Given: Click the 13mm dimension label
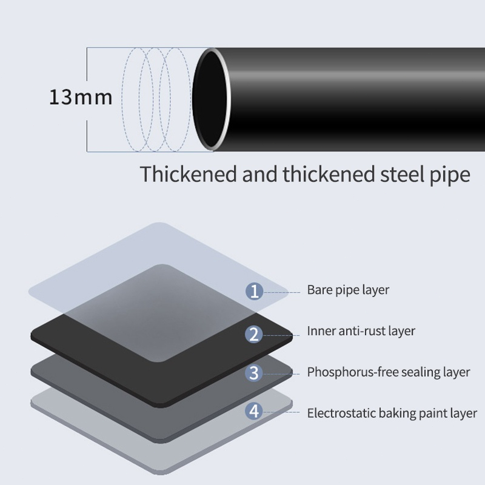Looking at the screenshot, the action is [x=81, y=97].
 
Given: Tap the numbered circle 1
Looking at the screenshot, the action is [x=254, y=291].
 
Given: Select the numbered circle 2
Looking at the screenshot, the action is [x=254, y=334].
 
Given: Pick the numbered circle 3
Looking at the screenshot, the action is [x=254, y=373].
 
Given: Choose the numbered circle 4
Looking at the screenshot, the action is [x=254, y=412].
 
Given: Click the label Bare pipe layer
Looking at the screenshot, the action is [x=348, y=290].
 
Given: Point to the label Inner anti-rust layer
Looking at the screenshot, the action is [x=361, y=331].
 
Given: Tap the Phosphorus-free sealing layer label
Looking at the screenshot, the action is [x=389, y=372].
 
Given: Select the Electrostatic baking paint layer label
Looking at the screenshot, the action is [x=392, y=413].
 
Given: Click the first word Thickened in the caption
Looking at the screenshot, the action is [x=189, y=173].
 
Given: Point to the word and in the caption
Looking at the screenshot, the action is [x=259, y=173].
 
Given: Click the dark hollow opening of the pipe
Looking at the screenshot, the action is [x=209, y=99].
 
